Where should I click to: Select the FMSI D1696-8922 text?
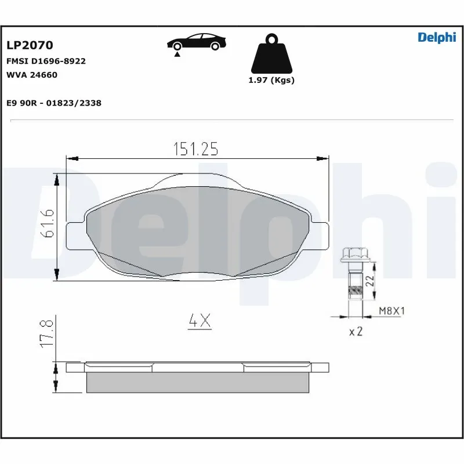[46, 61]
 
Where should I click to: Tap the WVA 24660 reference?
[31, 75]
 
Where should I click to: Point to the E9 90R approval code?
[53, 103]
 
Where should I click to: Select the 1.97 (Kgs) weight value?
[271, 80]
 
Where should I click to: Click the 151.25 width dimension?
[195, 150]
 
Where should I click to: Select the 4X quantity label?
[200, 321]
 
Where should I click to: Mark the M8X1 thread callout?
[391, 311]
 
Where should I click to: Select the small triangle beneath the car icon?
[175, 53]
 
